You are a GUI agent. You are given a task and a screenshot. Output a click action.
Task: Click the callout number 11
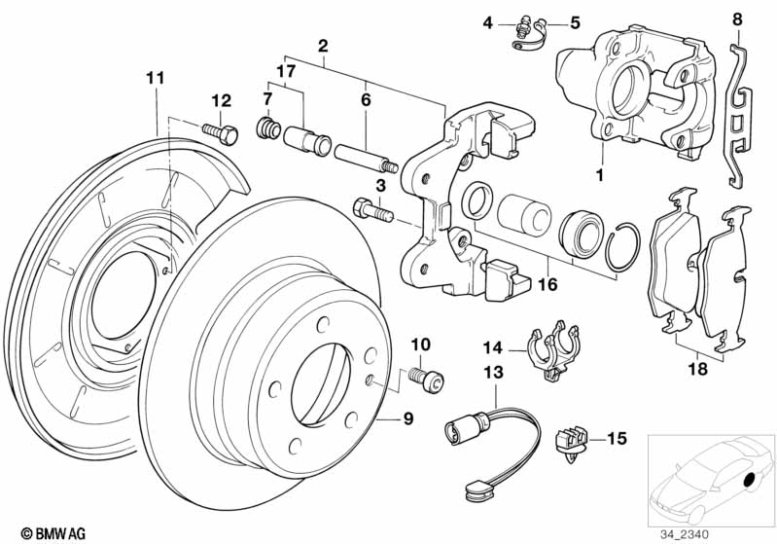coord(155,78)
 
